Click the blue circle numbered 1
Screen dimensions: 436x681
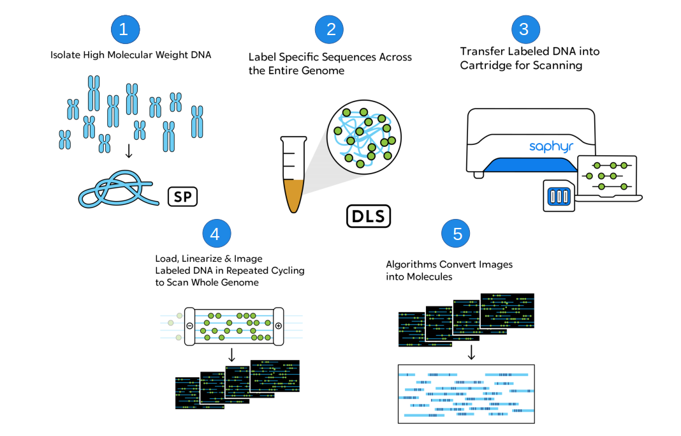(124, 29)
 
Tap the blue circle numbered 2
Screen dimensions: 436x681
(330, 29)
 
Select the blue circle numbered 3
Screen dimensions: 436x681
(524, 29)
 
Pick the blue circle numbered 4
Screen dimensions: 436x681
(216, 234)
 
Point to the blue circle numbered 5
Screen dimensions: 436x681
(457, 234)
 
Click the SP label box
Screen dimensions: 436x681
(182, 197)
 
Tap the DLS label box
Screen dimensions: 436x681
(368, 216)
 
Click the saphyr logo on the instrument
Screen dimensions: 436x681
(552, 147)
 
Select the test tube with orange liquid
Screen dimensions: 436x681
(293, 172)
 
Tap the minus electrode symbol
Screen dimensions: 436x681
(189, 326)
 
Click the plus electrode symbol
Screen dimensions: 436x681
(278, 326)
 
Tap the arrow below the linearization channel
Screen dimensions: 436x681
(232, 354)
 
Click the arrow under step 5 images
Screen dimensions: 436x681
(471, 353)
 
